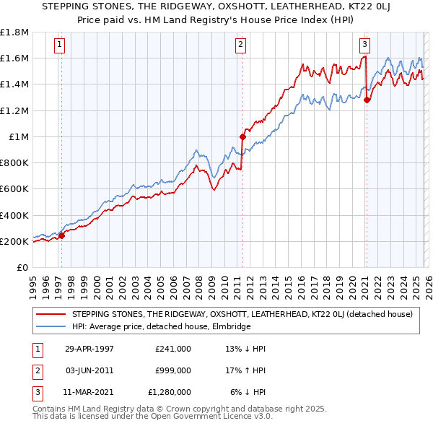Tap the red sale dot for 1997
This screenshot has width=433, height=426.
pos(61,235)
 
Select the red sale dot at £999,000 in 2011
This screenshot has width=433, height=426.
pos(242,136)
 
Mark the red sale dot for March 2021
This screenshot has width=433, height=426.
pos(367,100)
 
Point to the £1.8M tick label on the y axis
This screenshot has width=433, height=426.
pos(14,32)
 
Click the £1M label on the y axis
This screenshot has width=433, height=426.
pos(19,136)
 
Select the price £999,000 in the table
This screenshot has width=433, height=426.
pos(173,370)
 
